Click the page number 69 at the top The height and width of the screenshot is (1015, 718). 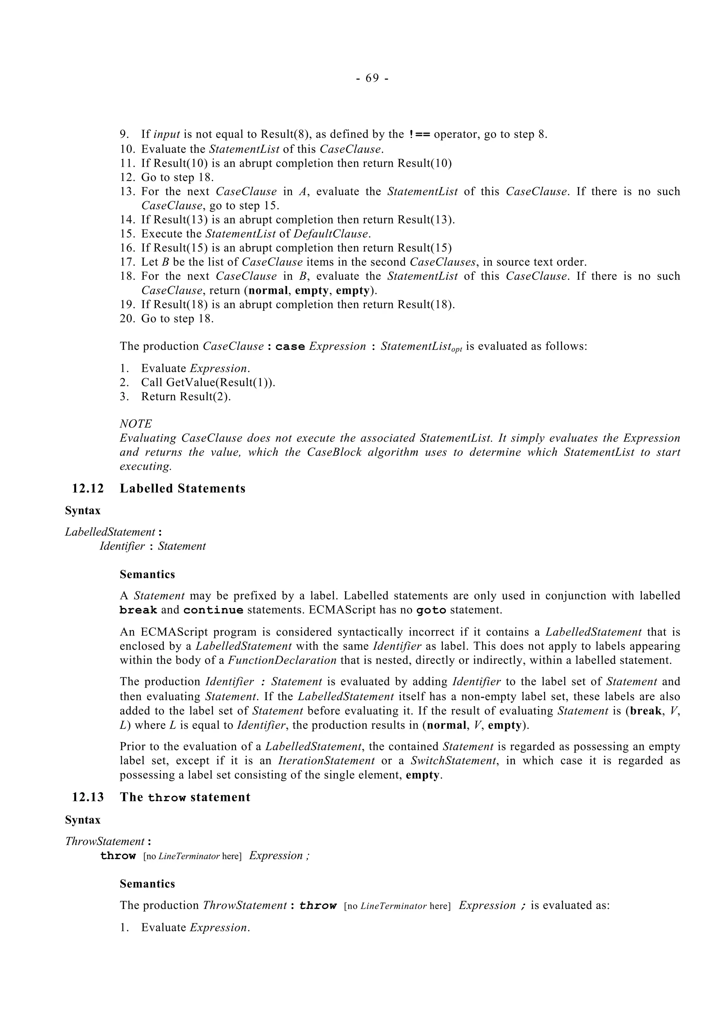[372, 78]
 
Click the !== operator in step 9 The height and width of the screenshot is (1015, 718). [418, 134]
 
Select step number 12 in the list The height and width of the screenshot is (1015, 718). [127, 177]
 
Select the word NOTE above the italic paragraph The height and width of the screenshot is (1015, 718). [136, 424]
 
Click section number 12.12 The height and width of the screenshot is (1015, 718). [88, 489]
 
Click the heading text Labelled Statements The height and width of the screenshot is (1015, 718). [182, 489]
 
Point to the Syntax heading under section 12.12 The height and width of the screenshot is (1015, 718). [83, 511]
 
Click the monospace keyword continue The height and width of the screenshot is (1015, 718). [213, 610]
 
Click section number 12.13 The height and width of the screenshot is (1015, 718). [88, 797]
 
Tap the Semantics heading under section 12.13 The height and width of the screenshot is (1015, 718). [147, 884]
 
